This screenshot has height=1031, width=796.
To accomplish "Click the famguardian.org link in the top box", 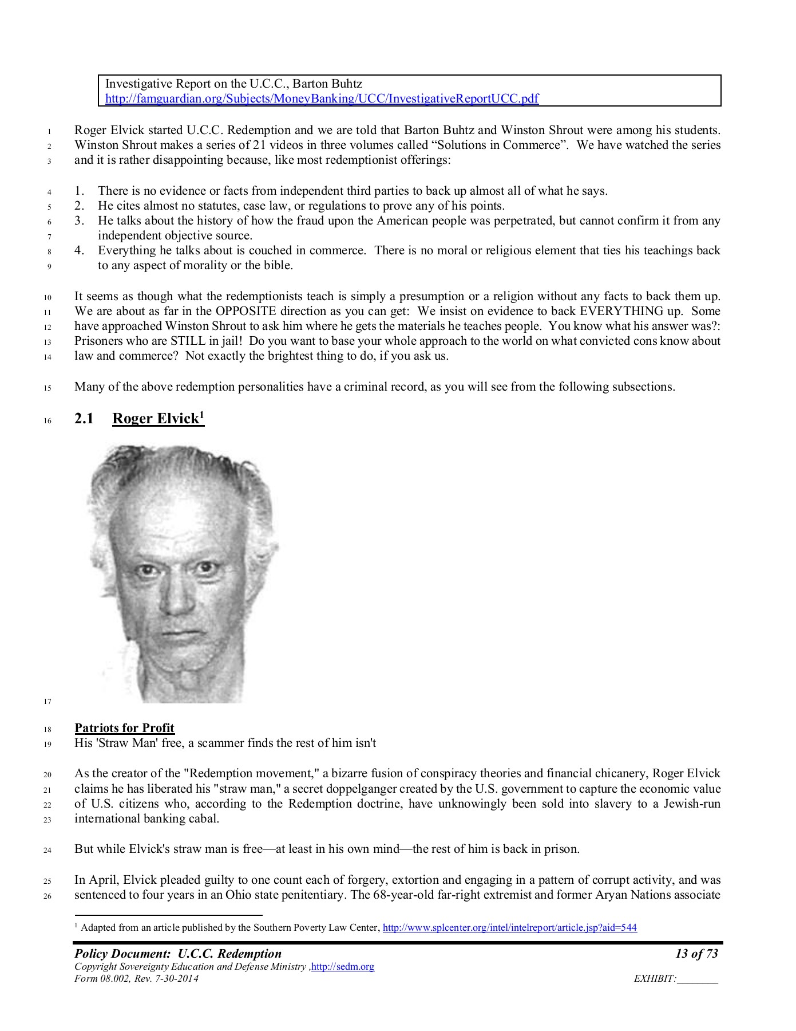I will [322, 99].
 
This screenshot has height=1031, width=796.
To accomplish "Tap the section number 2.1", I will [84, 419].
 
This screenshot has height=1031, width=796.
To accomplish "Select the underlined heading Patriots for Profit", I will [124, 728].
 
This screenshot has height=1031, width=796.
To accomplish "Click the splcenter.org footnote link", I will [509, 927].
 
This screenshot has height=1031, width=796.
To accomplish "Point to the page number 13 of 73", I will [696, 954].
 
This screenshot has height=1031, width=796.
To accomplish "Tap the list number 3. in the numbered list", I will [80, 221].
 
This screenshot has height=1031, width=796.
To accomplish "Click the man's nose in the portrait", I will [178, 596].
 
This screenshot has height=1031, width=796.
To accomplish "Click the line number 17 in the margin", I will [48, 702].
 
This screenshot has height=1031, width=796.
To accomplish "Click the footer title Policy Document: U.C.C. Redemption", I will [178, 954].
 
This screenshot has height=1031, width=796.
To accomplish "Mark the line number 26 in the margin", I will [48, 896].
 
